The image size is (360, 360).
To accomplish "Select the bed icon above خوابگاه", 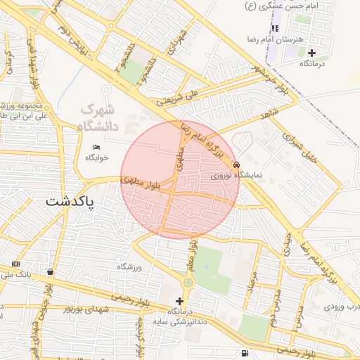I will click(96, 147).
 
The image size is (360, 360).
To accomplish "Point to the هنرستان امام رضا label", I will click(280, 39).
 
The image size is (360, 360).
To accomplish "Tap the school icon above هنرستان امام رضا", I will click(275, 28).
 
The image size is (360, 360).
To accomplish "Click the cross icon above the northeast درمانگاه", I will click(311, 53).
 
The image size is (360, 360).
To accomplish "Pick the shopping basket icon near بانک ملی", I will click(50, 271).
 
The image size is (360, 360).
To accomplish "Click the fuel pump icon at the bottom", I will click(244, 353).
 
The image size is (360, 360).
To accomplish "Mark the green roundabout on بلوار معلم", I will click(188, 283).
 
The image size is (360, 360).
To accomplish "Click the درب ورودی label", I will click(342, 307).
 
